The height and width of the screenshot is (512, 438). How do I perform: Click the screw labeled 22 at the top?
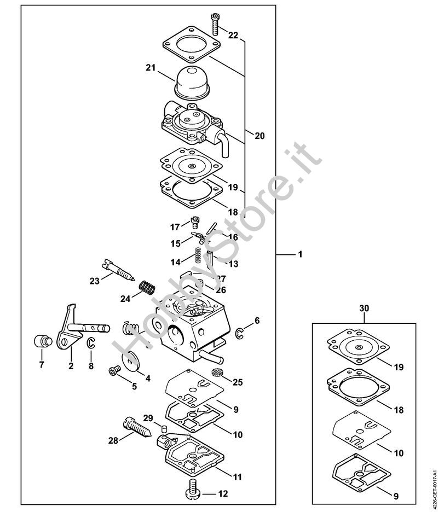[x=215, y=24]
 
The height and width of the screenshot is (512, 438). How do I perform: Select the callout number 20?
[x=260, y=136]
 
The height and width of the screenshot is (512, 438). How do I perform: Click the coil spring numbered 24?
[x=147, y=287]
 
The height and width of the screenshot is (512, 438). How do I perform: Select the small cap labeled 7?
[x=43, y=341]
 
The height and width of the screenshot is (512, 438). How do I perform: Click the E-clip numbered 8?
[x=90, y=343]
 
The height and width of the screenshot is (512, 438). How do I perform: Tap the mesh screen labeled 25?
[x=216, y=372]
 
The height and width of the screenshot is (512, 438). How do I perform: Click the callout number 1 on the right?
[x=300, y=254]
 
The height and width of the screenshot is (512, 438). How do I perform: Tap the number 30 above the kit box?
[x=364, y=308]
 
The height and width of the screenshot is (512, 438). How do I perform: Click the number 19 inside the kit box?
[x=399, y=367]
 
